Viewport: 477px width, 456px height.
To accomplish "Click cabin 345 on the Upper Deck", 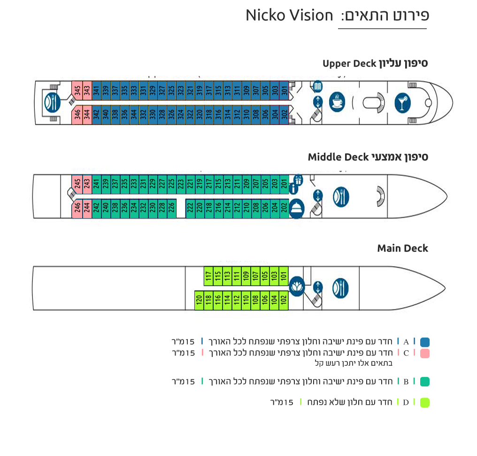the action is coord(77,90).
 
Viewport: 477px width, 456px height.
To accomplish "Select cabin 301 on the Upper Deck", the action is coord(284,90).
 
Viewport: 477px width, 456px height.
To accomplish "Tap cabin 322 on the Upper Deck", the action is coord(190,115).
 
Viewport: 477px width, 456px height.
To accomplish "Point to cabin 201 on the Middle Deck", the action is coord(284,184).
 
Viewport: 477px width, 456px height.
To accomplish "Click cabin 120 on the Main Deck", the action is coord(199,300).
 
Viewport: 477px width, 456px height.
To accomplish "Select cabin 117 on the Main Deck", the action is coord(208,276).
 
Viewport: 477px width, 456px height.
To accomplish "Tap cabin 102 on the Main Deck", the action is coord(284,300).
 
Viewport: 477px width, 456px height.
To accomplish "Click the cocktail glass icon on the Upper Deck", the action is coord(402,103).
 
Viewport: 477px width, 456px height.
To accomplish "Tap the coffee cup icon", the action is coord(337,102).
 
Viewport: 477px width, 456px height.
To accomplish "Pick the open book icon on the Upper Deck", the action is coord(317,86).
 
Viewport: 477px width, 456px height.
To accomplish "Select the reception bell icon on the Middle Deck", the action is coord(297,208).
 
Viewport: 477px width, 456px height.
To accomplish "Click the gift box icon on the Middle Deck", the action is coord(298,180).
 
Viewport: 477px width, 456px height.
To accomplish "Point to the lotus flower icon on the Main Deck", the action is coord(297,286).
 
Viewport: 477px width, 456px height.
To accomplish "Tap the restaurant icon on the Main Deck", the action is coord(341,288).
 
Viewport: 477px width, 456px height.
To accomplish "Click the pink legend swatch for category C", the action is coord(425,354).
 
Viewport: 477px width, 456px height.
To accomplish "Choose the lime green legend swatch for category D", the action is coord(425,403).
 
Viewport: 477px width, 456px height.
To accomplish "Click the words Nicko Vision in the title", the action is coord(289,15).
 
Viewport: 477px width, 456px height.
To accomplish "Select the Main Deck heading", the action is coord(403,248).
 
